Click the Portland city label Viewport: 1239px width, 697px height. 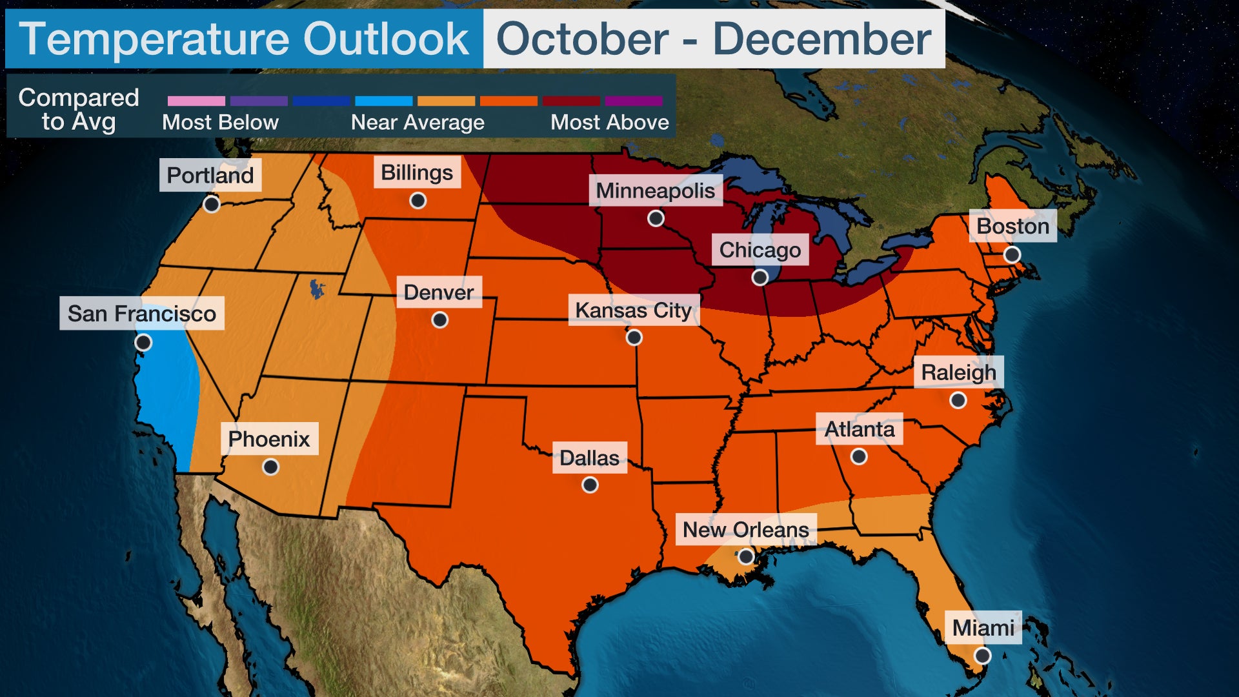click(x=210, y=175)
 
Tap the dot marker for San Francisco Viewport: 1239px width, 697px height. click(x=143, y=342)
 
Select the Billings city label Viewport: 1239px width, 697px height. click(x=417, y=172)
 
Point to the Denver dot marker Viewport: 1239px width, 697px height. click(x=439, y=319)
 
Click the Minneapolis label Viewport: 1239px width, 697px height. click(x=655, y=190)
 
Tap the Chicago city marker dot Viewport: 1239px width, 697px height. click(x=760, y=278)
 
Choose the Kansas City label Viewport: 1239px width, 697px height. click(x=633, y=310)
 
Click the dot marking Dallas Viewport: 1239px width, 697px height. click(x=590, y=485)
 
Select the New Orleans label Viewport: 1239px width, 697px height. click(x=745, y=529)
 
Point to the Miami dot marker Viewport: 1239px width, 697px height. click(x=982, y=656)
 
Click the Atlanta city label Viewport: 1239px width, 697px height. click(x=860, y=429)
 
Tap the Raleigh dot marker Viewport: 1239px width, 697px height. click(x=958, y=401)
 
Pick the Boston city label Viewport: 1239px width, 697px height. click(x=1012, y=226)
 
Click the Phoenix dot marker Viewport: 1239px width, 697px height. click(x=271, y=467)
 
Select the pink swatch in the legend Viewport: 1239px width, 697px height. click(x=196, y=101)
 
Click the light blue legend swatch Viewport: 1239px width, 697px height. click(x=383, y=101)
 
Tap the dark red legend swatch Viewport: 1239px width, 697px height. click(x=571, y=101)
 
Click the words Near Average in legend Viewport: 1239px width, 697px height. click(x=418, y=122)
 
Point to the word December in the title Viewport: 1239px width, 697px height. click(x=821, y=39)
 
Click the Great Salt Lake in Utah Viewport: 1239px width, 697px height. click(x=316, y=288)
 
